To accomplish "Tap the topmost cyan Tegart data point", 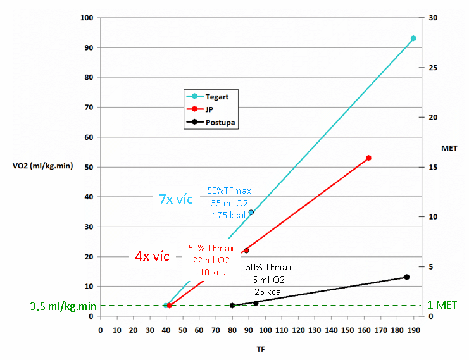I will [x=413, y=39].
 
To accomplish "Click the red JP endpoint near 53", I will [x=368, y=158].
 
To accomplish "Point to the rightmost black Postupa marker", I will [x=407, y=277].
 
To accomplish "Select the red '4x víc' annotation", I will [x=152, y=256].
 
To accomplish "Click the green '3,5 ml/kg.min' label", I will [x=63, y=306].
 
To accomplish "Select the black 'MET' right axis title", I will [x=449, y=147].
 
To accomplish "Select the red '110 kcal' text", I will [x=210, y=273].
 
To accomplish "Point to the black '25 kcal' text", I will [x=268, y=292].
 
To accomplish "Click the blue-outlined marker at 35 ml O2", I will [x=251, y=212].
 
